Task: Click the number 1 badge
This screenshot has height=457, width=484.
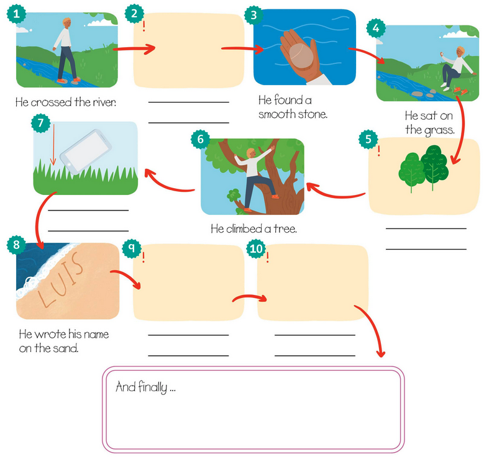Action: tap(16, 14)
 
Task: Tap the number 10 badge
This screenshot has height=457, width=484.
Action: tap(256, 248)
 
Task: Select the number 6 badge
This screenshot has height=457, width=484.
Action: tap(200, 139)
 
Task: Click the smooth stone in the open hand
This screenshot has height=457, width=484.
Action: tap(301, 56)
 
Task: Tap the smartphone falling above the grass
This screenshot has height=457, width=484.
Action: tap(86, 152)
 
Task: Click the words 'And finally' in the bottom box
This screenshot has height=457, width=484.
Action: tap(142, 387)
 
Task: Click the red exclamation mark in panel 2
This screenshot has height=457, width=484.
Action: tap(144, 26)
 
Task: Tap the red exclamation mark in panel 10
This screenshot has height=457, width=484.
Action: tap(268, 257)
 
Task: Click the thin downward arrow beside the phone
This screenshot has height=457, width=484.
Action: tap(53, 145)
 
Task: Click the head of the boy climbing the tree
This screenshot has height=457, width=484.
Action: tap(250, 152)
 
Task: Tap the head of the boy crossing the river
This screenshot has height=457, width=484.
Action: tap(67, 22)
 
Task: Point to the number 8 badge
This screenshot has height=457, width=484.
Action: tap(16, 245)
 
